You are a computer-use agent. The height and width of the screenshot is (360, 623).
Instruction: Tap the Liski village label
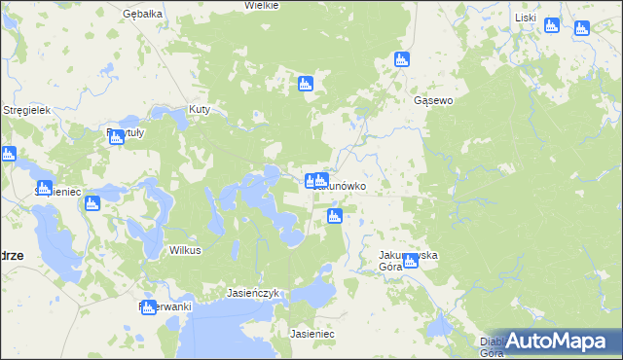click(x=526, y=18)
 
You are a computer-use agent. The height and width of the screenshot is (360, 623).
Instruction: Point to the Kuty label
click(x=200, y=109)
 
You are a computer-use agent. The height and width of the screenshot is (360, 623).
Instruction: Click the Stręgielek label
click(x=26, y=110)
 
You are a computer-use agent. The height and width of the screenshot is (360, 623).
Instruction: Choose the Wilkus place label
click(x=185, y=250)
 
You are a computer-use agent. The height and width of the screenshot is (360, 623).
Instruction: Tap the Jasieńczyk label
click(x=253, y=292)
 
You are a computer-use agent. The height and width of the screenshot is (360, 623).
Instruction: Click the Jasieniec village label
click(x=312, y=334)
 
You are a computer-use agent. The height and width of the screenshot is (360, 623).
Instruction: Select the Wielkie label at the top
click(x=262, y=5)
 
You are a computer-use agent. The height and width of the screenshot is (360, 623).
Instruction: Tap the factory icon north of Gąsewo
click(x=401, y=59)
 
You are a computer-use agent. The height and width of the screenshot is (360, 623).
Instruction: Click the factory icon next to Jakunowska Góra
click(x=411, y=260)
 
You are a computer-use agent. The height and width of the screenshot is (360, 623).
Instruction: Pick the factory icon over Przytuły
click(x=117, y=137)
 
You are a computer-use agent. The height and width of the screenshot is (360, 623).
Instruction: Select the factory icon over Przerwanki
click(x=148, y=306)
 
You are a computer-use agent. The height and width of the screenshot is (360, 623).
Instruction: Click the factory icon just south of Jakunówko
click(x=335, y=216)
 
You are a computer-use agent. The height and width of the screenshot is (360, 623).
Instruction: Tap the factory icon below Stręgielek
click(x=8, y=153)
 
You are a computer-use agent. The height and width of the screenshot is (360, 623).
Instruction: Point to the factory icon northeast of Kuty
click(x=305, y=84)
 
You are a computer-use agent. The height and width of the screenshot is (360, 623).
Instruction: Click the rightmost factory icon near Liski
click(x=582, y=27)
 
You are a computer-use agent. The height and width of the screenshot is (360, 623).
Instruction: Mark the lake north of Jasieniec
click(x=313, y=292)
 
